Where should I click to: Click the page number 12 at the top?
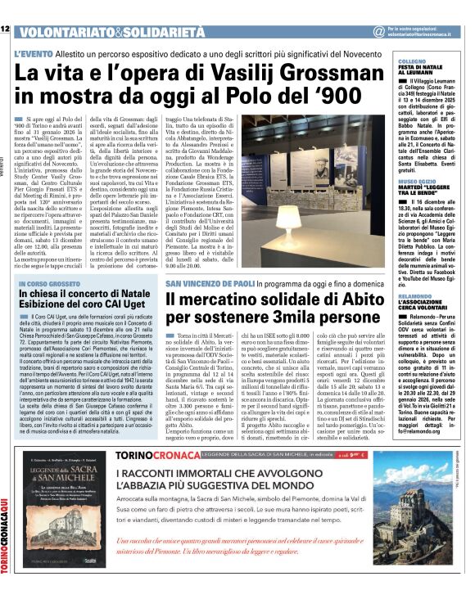point(5,30)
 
